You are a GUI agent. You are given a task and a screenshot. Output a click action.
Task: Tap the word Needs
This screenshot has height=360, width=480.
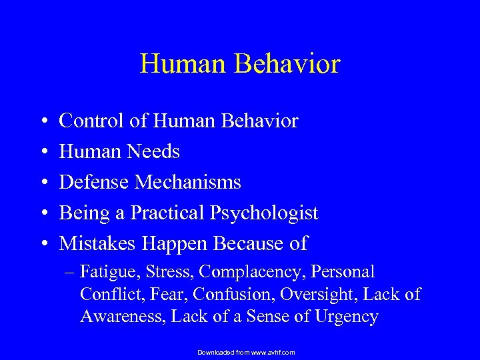click(x=155, y=152)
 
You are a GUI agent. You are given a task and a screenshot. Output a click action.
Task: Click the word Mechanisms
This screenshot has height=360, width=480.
click(x=188, y=182)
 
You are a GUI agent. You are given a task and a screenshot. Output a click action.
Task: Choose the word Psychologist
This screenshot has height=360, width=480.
click(x=265, y=213)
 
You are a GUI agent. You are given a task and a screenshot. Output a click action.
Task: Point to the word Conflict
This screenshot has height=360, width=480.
click(x=108, y=294)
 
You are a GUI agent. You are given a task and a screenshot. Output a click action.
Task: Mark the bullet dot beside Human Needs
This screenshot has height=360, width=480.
click(x=43, y=153)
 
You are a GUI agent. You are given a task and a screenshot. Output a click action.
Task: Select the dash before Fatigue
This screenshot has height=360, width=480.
click(x=70, y=273)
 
